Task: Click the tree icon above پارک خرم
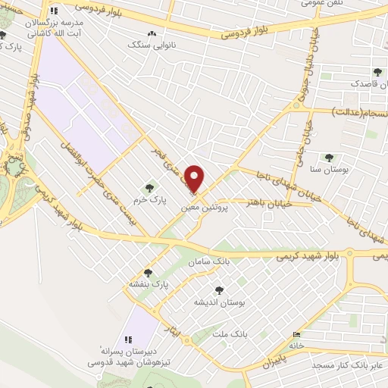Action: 149,186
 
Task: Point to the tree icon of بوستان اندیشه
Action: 220,289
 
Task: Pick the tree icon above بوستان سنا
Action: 328,158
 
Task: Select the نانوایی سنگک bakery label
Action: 149,45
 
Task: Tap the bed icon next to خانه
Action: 296,334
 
